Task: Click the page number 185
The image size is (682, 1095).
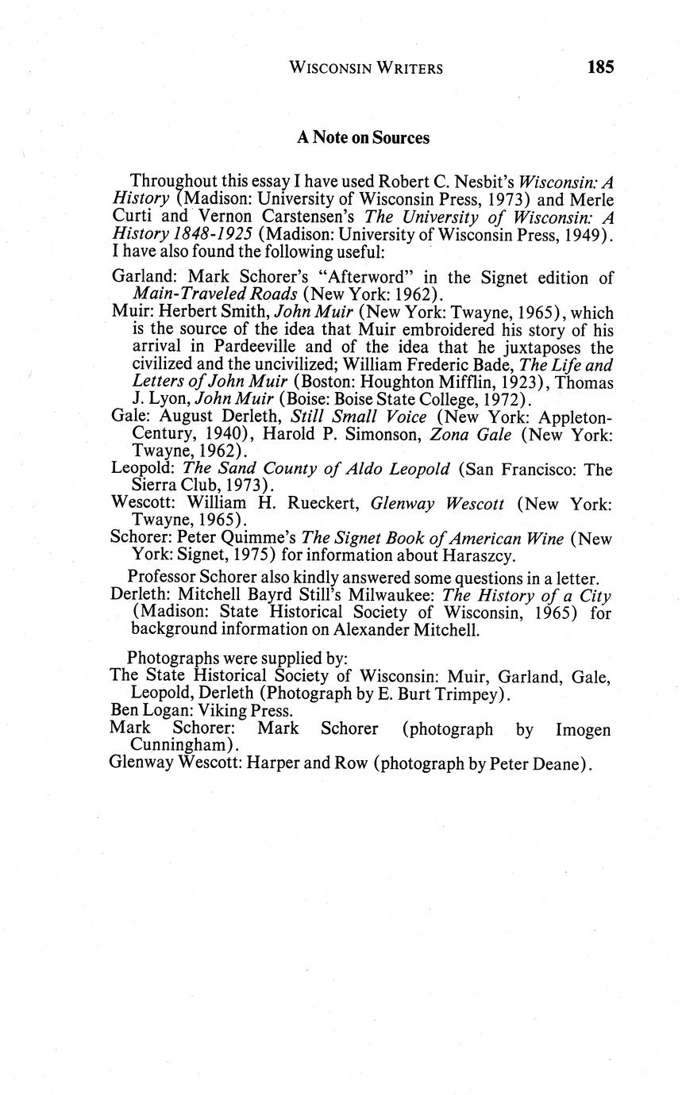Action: coord(600,67)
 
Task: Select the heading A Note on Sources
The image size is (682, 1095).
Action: coord(363,137)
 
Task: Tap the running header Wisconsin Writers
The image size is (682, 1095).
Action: coord(366,68)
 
